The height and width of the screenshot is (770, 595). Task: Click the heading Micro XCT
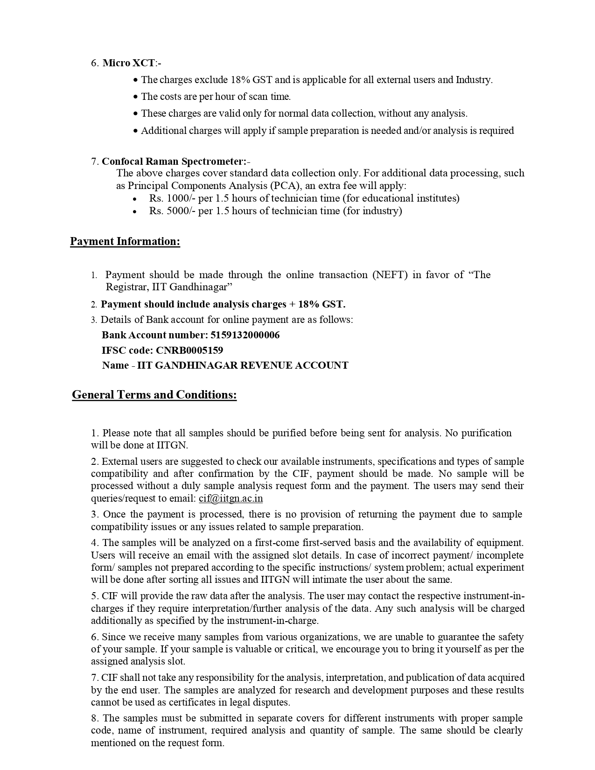point(128,63)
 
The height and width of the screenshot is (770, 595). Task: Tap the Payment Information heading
point(125,241)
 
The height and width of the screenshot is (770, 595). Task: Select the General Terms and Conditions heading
point(154,395)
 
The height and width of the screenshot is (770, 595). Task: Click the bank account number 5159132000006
point(245,335)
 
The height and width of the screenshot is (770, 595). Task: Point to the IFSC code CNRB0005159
point(189,350)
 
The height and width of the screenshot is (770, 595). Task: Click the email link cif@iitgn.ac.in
point(231,498)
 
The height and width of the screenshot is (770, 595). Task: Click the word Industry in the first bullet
point(474,80)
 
